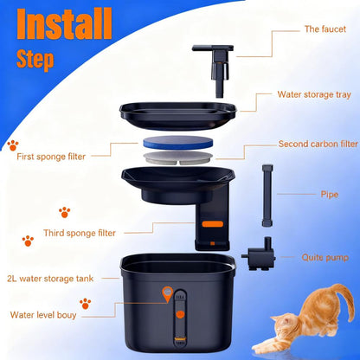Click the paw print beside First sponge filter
[13, 145]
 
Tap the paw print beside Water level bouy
[85, 304]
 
